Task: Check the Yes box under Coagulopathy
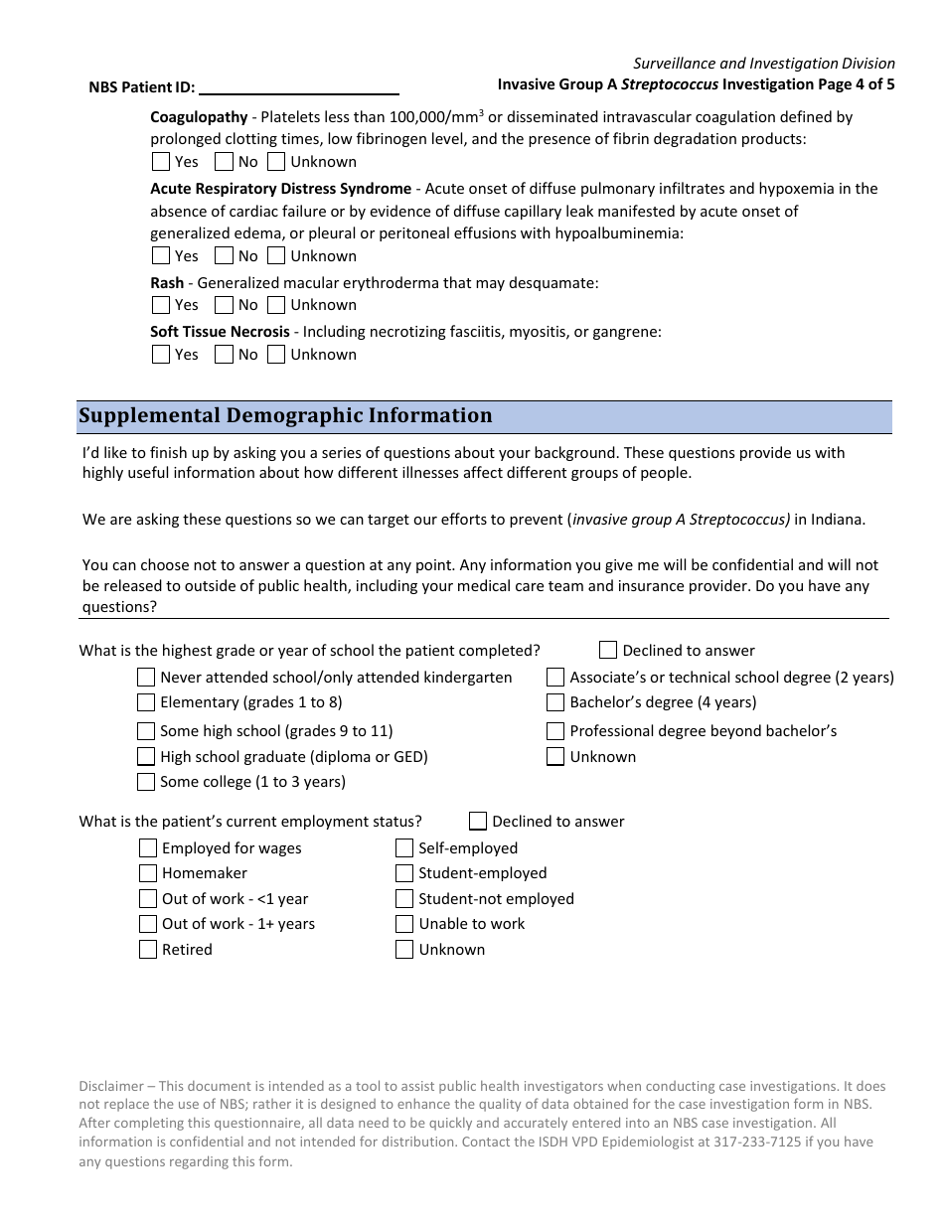point(161,161)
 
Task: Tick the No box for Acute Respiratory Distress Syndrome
point(224,255)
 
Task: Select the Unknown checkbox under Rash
point(276,305)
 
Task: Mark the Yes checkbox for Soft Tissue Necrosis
point(161,354)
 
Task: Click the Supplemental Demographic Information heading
point(285,415)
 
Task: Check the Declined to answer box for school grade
point(608,650)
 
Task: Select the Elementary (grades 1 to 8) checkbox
point(146,702)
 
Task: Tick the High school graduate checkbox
point(146,757)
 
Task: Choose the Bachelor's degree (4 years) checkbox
point(555,702)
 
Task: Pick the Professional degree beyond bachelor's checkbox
point(555,731)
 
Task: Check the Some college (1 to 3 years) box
point(146,782)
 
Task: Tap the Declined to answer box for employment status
point(478,821)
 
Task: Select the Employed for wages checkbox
point(147,847)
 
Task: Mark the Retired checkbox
point(147,949)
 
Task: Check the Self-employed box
point(404,847)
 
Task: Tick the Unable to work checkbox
point(404,924)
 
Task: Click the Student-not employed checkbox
point(404,898)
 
